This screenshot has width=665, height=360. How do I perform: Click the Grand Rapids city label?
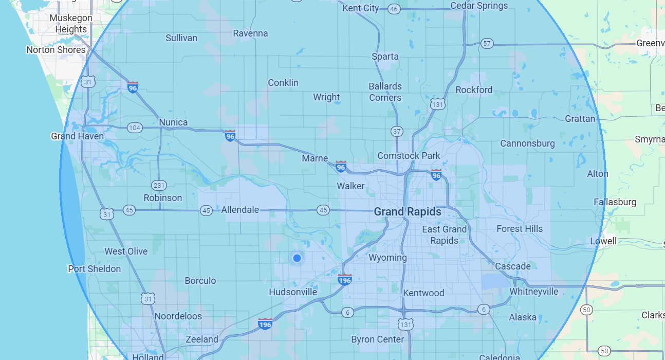pyautogui.click(x=407, y=211)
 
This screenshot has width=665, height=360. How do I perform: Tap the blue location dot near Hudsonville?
pyautogui.click(x=297, y=258)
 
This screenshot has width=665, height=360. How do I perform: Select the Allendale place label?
pyautogui.click(x=240, y=210)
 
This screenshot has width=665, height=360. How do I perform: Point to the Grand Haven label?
pyautogui.click(x=77, y=136)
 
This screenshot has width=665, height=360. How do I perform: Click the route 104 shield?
pyautogui.click(x=135, y=128)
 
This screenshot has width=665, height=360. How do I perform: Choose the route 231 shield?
pyautogui.click(x=159, y=185)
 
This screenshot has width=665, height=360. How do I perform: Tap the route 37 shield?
pyautogui.click(x=396, y=131)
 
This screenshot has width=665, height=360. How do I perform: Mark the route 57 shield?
pyautogui.click(x=487, y=44)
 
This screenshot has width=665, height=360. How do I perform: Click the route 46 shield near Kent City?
pyautogui.click(x=394, y=9)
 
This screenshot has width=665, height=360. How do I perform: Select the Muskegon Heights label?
pyautogui.click(x=71, y=24)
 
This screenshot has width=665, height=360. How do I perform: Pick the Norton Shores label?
pyautogui.click(x=56, y=50)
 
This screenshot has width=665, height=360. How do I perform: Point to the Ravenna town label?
pyautogui.click(x=250, y=33)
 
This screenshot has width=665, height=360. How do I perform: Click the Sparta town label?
pyautogui.click(x=385, y=57)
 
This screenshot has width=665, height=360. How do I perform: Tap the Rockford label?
pyautogui.click(x=474, y=90)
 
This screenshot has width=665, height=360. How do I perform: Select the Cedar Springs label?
pyautogui.click(x=479, y=6)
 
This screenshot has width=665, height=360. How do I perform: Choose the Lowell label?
pyautogui.click(x=603, y=241)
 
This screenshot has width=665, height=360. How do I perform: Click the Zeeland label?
pyautogui.click(x=202, y=339)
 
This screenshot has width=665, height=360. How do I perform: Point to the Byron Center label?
pyautogui.click(x=378, y=339)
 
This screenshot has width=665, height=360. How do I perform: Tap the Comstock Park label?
pyautogui.click(x=409, y=155)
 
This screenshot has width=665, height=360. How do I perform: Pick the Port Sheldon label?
pyautogui.click(x=95, y=269)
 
